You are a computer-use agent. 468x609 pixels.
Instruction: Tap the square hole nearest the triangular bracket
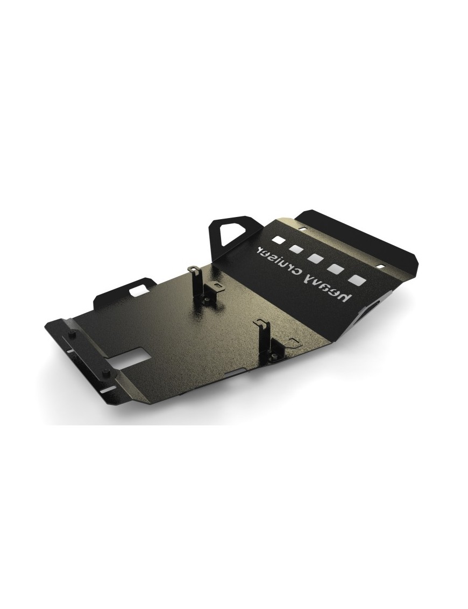point(278,240)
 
